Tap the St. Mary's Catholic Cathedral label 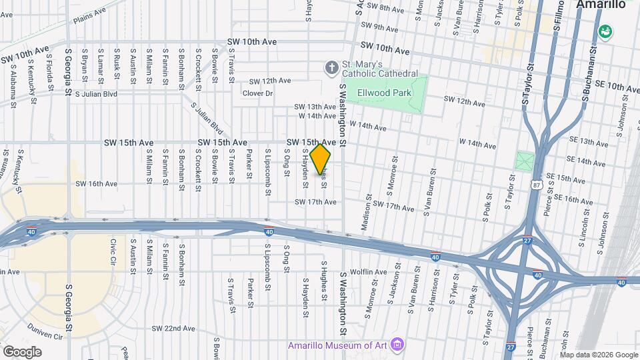point(380,69)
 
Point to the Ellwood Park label point(384,93)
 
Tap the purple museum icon point(397,345)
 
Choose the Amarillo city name point(600,5)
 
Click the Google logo point(22,351)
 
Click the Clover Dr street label point(257,93)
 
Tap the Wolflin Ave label point(369,272)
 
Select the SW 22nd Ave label point(173,329)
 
